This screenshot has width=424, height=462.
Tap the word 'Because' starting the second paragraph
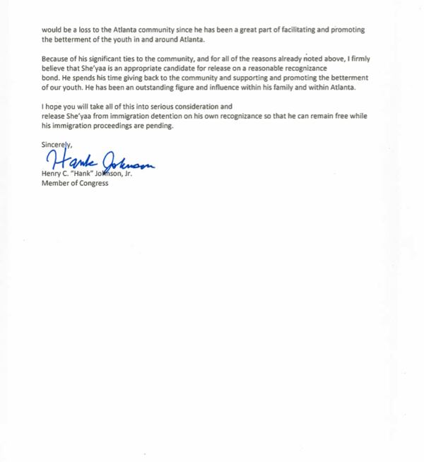pyautogui.click(x=57, y=58)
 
